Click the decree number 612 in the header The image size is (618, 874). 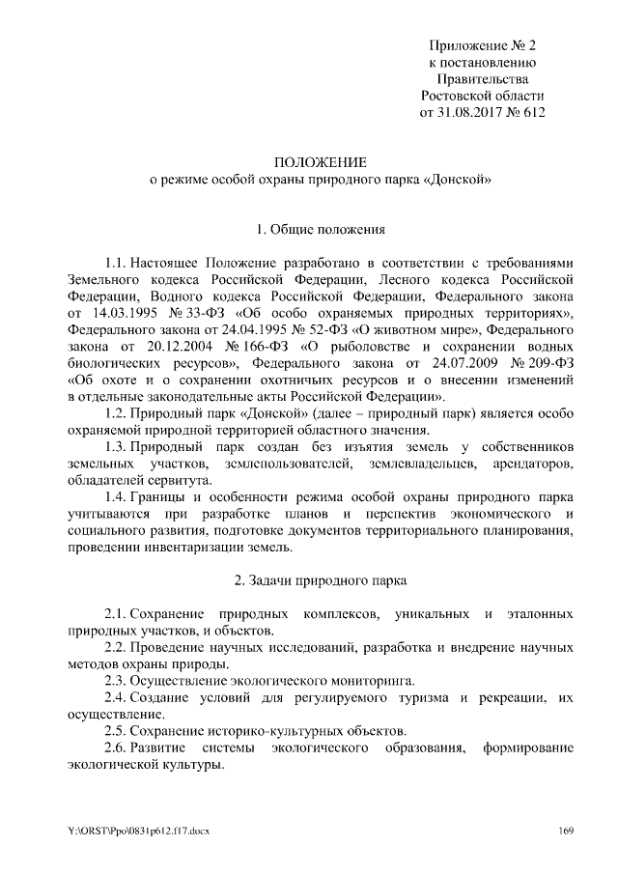[x=534, y=113]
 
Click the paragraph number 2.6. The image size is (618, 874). [x=115, y=748]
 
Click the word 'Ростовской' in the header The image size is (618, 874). [x=457, y=96]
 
